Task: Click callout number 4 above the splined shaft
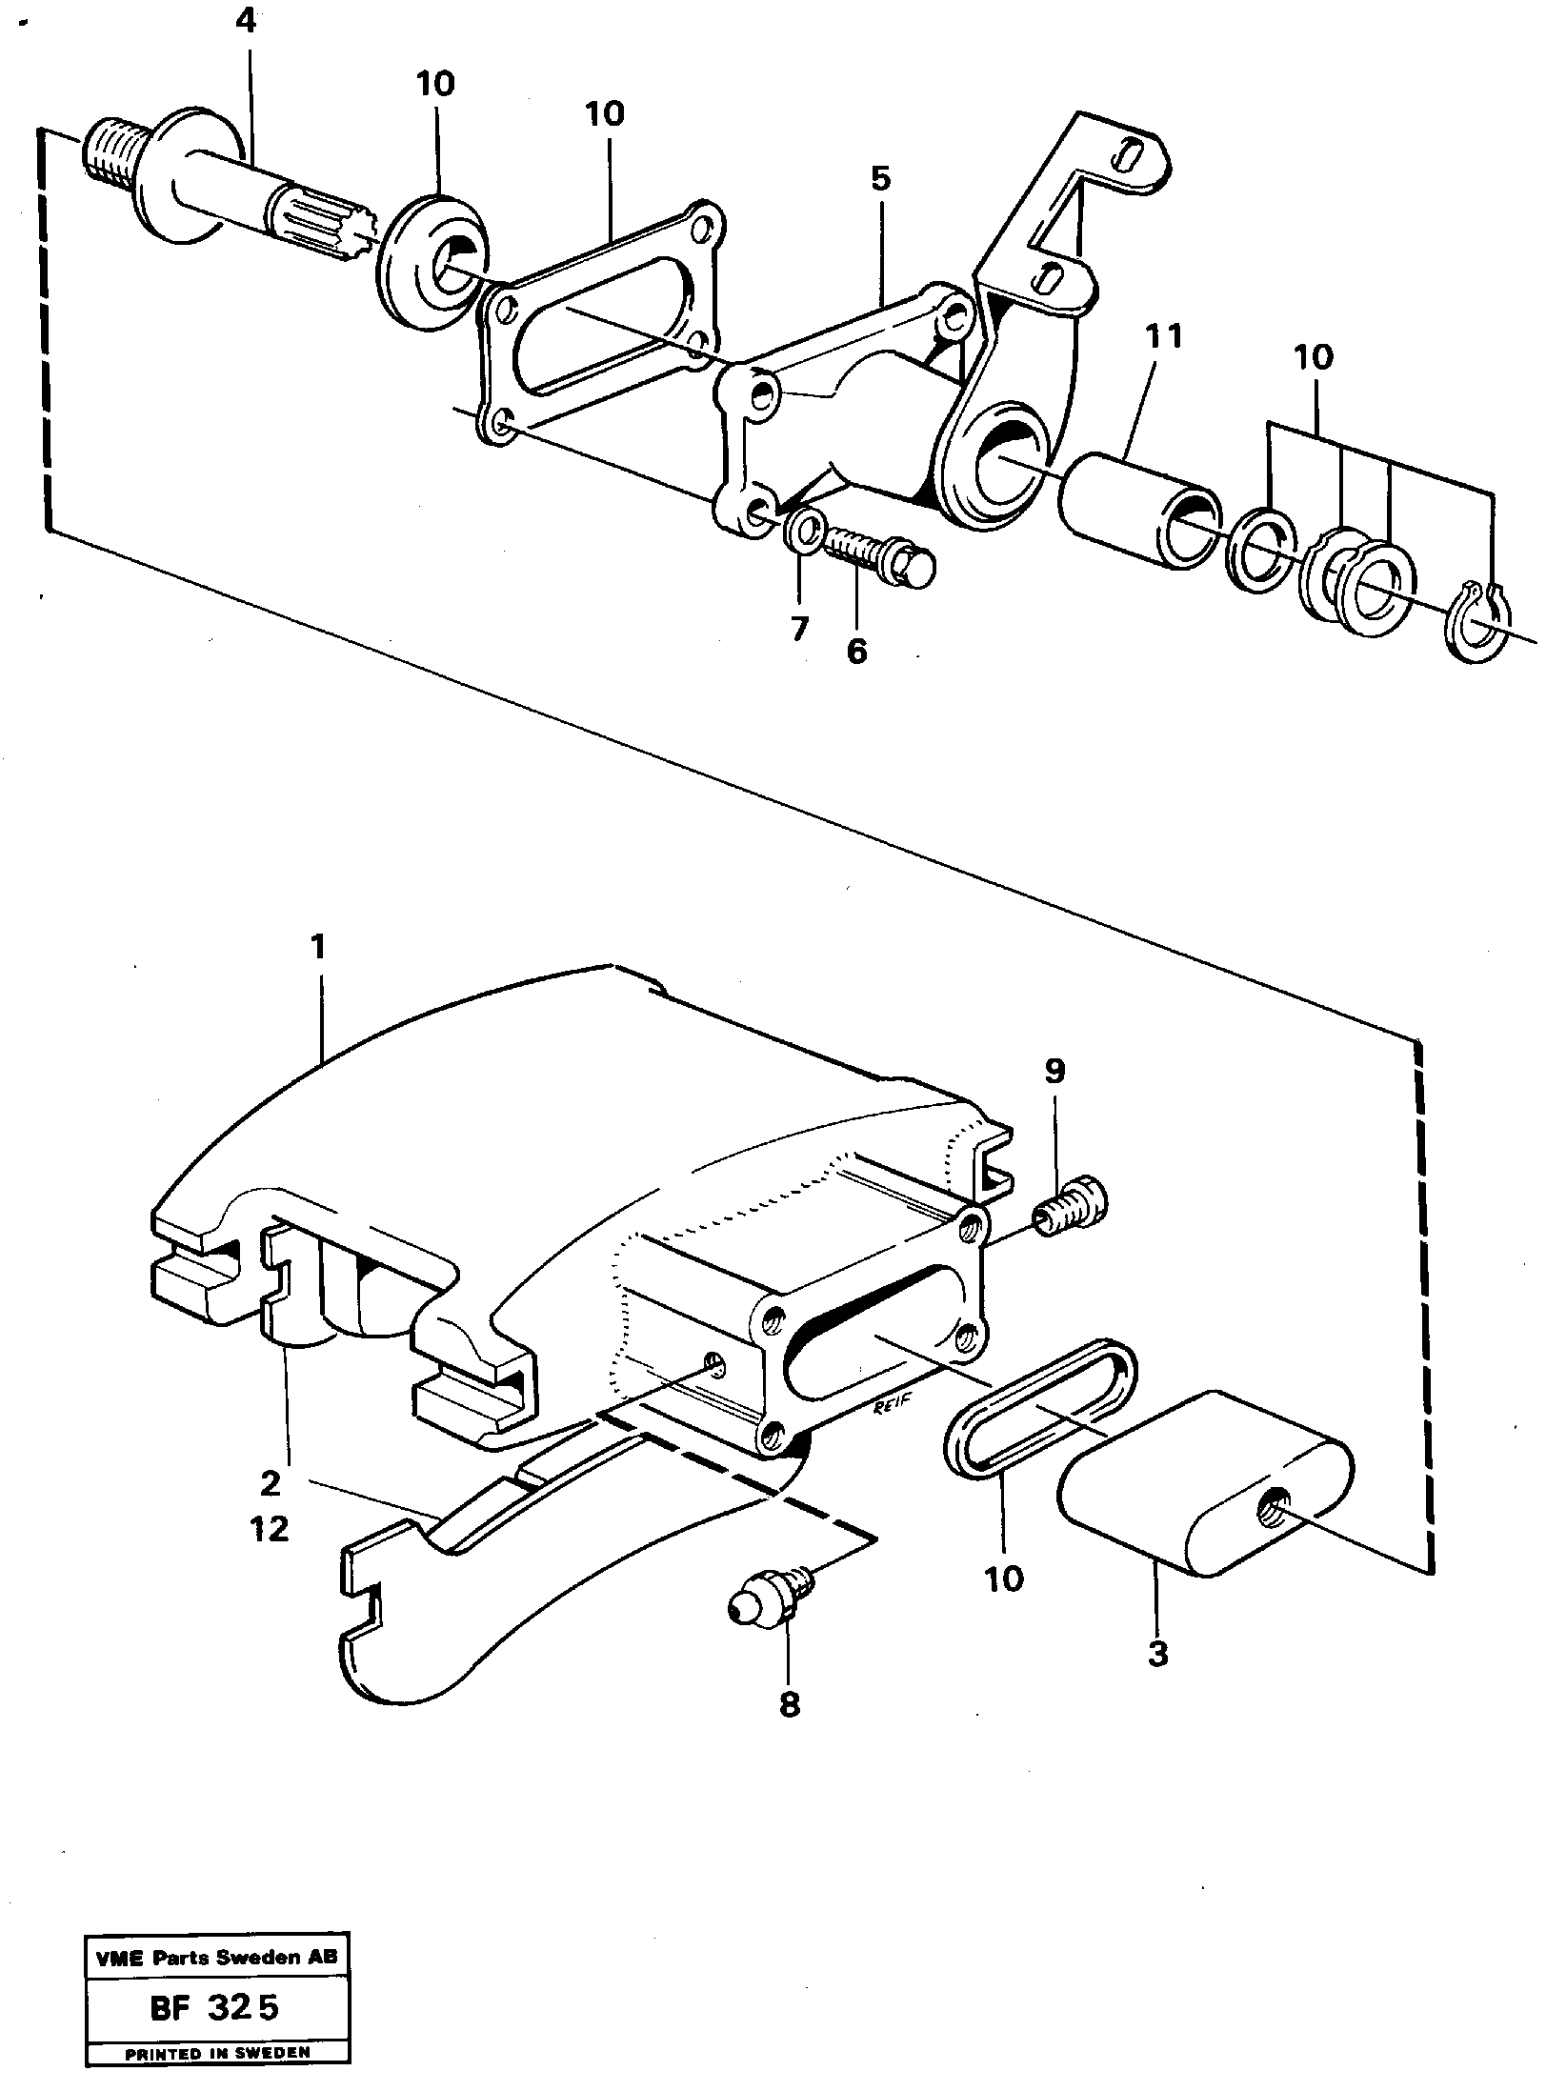[x=246, y=22]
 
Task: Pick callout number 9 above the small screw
[x=1054, y=1072]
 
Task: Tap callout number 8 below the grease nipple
[x=790, y=1704]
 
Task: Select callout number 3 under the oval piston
[x=1156, y=1655]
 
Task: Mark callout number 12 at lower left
[x=271, y=1529]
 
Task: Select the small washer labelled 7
[x=804, y=530]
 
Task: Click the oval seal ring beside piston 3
[x=1040, y=1419]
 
